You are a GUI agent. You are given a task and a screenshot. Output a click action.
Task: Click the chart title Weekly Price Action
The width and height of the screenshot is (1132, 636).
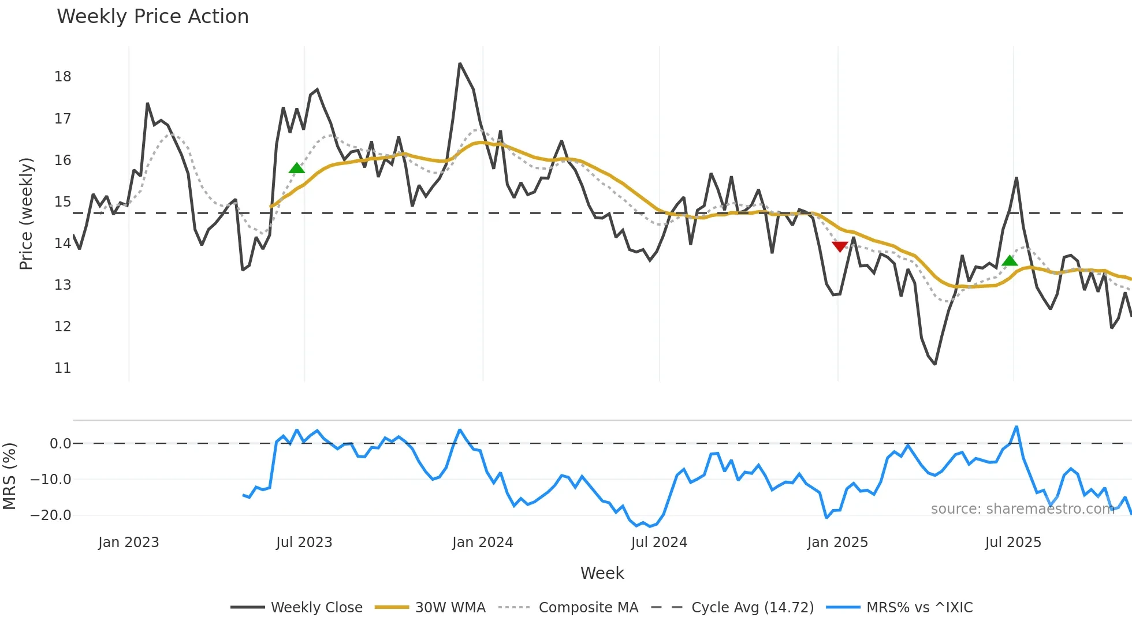pyautogui.click(x=152, y=16)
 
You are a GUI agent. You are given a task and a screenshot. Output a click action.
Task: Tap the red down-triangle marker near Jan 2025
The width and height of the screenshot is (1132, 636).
pyautogui.click(x=840, y=246)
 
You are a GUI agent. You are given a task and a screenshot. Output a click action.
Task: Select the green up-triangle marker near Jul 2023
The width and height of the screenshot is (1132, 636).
pyautogui.click(x=296, y=168)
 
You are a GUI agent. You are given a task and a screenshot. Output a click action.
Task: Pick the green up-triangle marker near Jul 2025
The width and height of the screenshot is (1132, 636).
pyautogui.click(x=1010, y=261)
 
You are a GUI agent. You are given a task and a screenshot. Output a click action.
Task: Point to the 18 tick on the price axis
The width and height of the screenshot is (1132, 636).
pyautogui.click(x=62, y=77)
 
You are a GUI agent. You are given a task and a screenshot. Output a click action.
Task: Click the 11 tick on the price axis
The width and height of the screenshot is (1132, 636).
pyautogui.click(x=62, y=368)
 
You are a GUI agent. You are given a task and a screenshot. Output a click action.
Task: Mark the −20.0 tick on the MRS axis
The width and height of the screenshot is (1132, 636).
pyautogui.click(x=51, y=515)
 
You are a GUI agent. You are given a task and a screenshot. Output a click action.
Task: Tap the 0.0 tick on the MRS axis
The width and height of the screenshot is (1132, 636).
pyautogui.click(x=60, y=444)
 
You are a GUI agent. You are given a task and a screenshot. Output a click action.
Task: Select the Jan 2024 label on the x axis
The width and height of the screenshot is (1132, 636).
pyautogui.click(x=482, y=543)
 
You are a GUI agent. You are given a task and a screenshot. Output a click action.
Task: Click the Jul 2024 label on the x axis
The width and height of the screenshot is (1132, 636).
pyautogui.click(x=659, y=543)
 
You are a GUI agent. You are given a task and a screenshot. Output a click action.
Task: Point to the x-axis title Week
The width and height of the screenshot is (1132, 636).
pyautogui.click(x=602, y=573)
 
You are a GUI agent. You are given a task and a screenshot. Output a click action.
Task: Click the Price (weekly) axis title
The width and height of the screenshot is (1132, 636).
pyautogui.click(x=26, y=214)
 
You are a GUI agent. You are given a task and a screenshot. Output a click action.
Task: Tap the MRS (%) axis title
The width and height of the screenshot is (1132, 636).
pyautogui.click(x=9, y=476)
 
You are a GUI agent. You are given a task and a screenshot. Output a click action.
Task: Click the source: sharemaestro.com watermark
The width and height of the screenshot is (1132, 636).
pyautogui.click(x=1022, y=509)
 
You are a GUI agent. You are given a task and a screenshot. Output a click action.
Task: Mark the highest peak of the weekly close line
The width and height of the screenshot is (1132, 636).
pyautogui.click(x=460, y=63)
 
